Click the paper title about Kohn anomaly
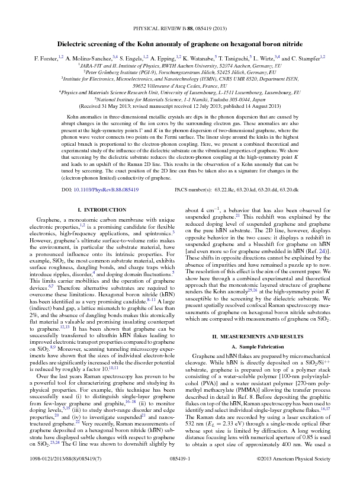180,44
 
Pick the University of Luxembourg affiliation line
180,92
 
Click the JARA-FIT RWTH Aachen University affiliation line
180,65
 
